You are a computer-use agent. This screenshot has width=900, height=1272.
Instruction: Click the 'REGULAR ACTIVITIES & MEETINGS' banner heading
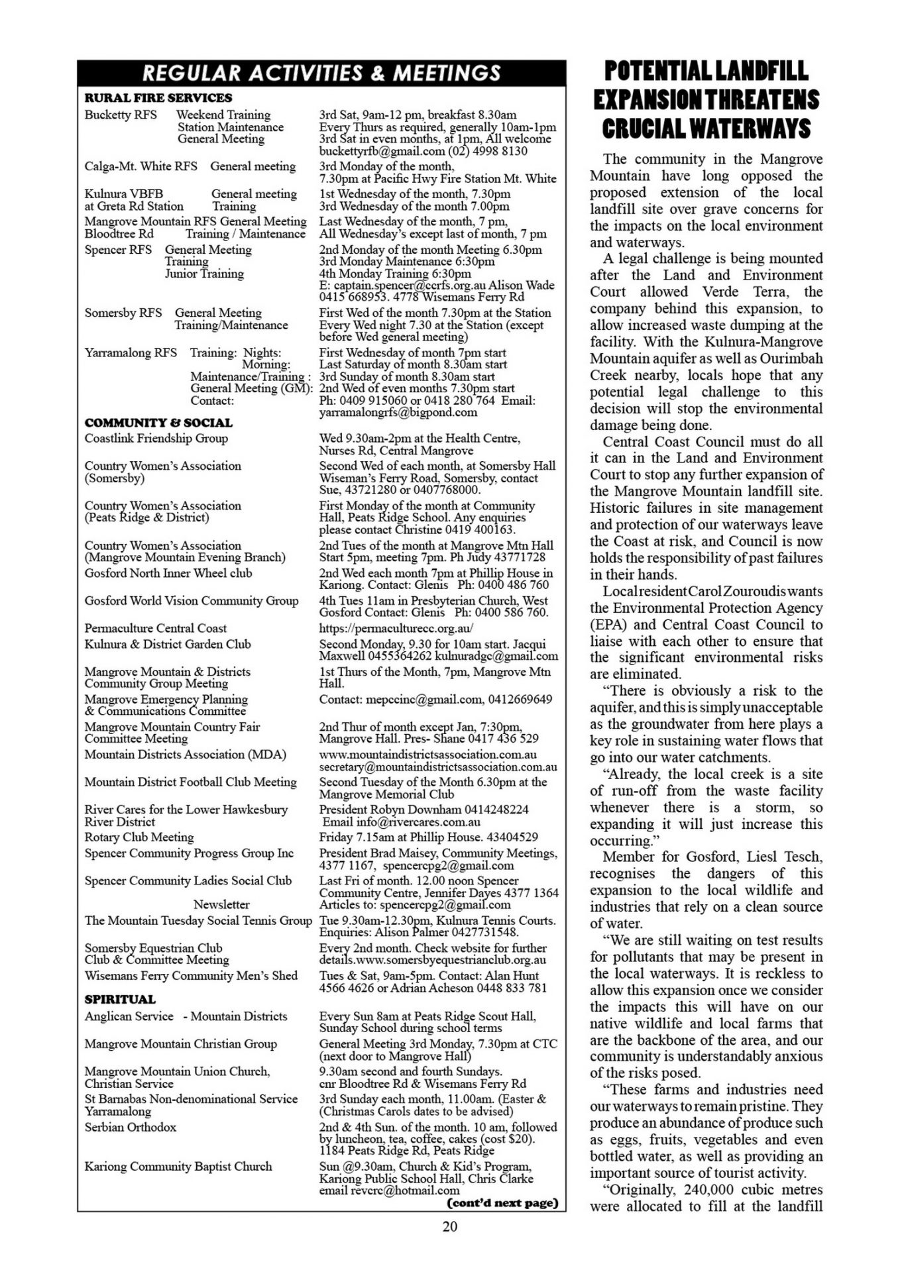click(321, 73)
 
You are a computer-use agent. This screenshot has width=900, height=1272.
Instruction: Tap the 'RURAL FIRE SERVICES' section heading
click(158, 98)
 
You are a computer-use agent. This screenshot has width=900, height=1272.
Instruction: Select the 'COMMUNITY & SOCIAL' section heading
click(158, 423)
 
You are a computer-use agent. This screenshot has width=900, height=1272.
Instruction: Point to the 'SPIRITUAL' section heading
click(120, 999)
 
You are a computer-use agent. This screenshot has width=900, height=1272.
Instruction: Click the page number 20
click(449, 1226)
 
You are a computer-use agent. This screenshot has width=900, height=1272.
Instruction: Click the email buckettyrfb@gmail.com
click(375, 151)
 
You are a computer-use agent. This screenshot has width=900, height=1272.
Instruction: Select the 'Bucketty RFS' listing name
click(121, 115)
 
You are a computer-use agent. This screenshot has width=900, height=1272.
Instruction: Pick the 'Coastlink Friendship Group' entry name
click(156, 438)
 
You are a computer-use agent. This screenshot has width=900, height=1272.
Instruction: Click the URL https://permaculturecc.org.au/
click(396, 628)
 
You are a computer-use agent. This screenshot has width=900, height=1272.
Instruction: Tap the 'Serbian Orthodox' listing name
click(130, 1127)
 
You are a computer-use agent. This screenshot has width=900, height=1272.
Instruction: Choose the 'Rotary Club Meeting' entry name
click(139, 837)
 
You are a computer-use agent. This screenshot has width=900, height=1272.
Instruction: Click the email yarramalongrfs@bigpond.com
click(398, 412)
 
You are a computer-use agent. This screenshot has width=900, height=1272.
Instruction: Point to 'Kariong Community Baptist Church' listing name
click(178, 1166)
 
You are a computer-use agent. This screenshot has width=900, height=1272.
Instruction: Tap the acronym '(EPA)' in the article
click(608, 625)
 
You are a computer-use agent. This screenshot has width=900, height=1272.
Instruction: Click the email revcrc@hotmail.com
click(404, 1190)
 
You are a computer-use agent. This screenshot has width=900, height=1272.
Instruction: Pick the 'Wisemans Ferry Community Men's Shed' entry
click(191, 975)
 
